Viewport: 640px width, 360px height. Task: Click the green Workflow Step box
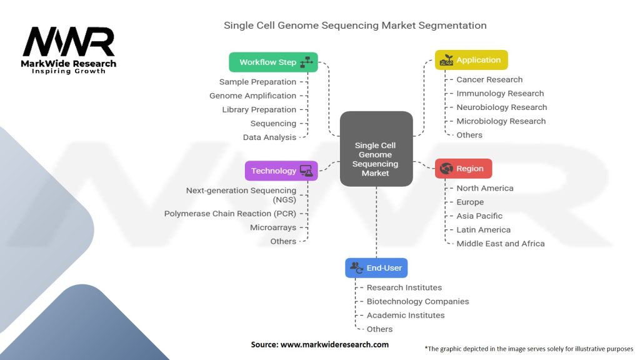[x=273, y=62]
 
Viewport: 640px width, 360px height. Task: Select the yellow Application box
[x=471, y=60]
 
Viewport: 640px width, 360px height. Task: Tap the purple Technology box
[x=281, y=171]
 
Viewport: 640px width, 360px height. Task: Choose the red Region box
[x=463, y=169]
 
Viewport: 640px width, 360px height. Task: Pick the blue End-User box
[x=376, y=267]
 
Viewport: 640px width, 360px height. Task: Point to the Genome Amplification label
[x=252, y=96]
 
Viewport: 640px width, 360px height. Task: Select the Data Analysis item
[x=269, y=137]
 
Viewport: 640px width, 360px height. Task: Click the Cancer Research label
[x=489, y=79]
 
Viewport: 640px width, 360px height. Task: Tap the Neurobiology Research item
[x=501, y=107]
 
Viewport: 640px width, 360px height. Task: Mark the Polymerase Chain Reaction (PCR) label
[x=230, y=214]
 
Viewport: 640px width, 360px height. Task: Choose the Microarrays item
[x=273, y=227]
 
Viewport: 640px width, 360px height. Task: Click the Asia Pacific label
[x=479, y=216]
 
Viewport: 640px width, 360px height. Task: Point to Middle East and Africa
[x=500, y=243]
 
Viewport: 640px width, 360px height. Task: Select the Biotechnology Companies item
[x=417, y=301]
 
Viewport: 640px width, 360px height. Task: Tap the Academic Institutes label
[x=406, y=315]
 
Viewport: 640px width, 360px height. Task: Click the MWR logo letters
[x=69, y=42]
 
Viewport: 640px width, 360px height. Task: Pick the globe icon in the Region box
[x=446, y=169]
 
